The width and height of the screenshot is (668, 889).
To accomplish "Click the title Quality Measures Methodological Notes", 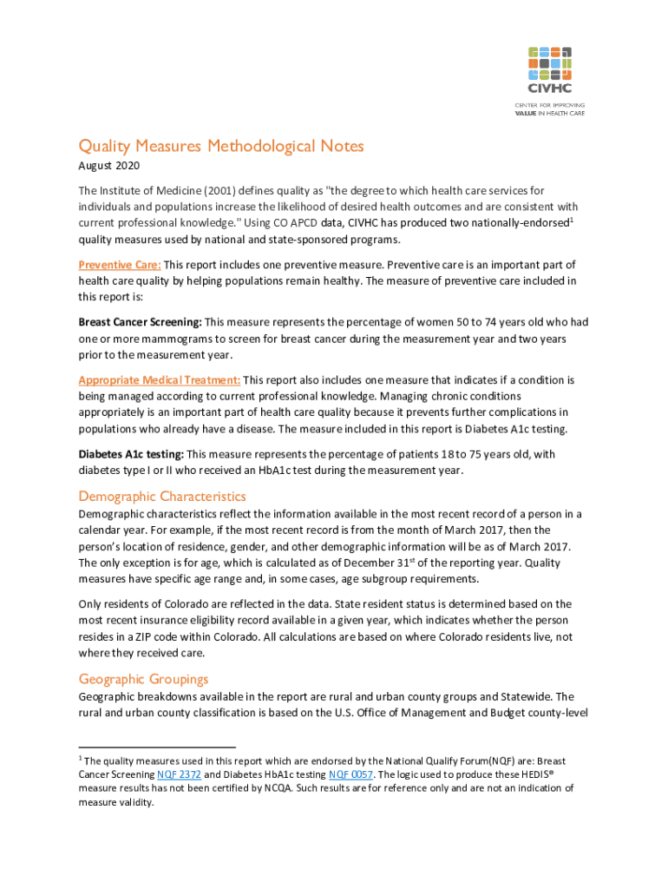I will (x=221, y=146).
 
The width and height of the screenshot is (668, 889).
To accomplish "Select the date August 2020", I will (x=108, y=166).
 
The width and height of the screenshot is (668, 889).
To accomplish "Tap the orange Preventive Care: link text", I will (x=120, y=264).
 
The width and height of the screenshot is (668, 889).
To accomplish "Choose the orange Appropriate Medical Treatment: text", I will (x=159, y=380).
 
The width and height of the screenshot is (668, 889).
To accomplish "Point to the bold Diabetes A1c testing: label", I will (x=131, y=454).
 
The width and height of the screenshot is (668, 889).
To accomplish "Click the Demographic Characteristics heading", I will (x=162, y=497).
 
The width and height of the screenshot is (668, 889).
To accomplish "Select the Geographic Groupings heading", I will (x=143, y=679).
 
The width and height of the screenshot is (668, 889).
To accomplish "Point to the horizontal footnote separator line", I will (x=157, y=747).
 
